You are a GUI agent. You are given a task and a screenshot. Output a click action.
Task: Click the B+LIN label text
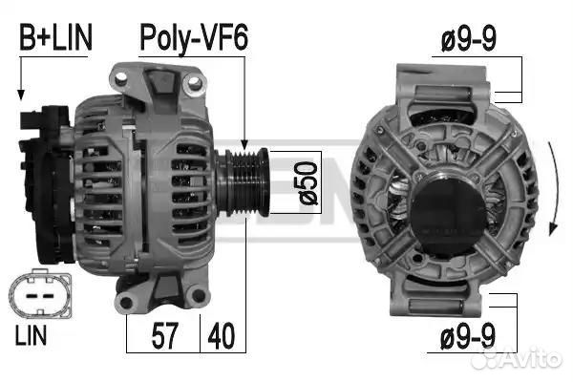(55, 37)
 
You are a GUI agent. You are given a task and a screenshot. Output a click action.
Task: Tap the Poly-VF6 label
(194, 39)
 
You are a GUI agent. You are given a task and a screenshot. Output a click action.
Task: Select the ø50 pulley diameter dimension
(308, 182)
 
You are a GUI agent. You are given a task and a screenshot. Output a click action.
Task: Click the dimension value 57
(165, 335)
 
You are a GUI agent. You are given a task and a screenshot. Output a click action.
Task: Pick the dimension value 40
(222, 335)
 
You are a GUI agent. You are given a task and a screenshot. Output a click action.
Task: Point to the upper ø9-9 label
(469, 39)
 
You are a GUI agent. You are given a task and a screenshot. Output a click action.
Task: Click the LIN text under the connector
(32, 335)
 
